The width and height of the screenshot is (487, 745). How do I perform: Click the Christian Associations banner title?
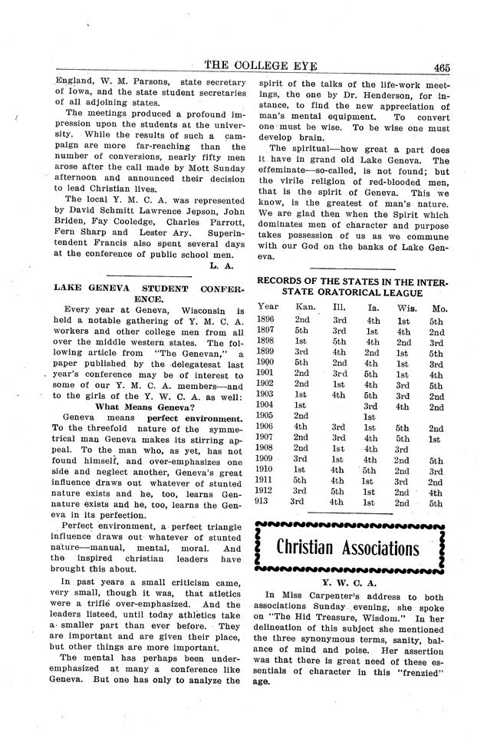pos(347,549)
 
